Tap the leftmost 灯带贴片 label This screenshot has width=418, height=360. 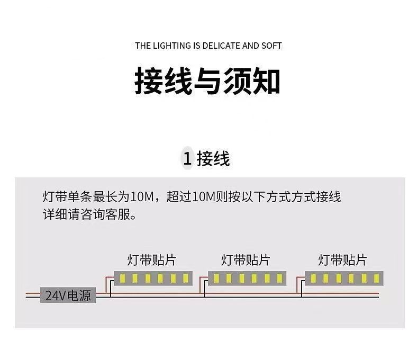pyautogui.click(x=151, y=260)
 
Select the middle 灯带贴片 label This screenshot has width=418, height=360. pyautogui.click(x=245, y=260)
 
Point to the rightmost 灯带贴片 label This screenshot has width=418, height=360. pyautogui.click(x=342, y=260)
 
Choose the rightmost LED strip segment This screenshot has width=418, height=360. pyautogui.click(x=344, y=278)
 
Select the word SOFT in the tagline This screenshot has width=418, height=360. pyautogui.click(x=271, y=46)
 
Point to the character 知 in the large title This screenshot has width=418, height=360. pyautogui.click(x=266, y=81)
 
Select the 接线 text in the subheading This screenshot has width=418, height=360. pyautogui.click(x=214, y=158)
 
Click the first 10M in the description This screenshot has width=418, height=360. pyautogui.click(x=141, y=198)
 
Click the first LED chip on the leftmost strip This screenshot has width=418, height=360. pyautogui.click(x=122, y=278)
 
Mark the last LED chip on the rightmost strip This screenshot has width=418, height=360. pyautogui.click(x=375, y=278)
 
